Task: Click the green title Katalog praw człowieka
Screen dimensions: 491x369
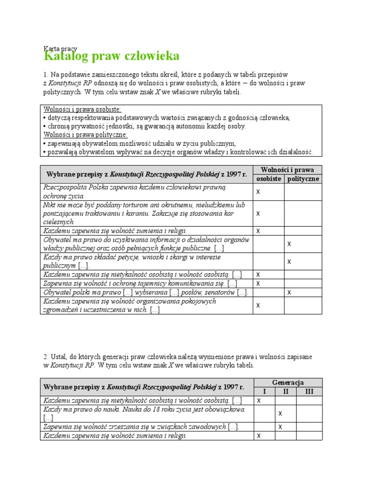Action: point(111,56)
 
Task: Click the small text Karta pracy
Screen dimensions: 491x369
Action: point(57,48)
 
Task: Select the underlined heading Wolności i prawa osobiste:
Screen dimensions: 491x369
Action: point(83,109)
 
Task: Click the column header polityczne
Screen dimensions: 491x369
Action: point(303,179)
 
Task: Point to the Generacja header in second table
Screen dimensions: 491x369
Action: point(288,382)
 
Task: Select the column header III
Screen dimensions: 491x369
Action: point(309,391)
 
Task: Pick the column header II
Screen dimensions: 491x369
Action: point(285,391)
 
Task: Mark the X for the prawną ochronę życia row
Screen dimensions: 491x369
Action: point(258,192)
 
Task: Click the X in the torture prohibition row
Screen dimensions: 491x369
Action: point(258,213)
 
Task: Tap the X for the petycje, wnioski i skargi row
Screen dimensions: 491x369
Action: point(289,262)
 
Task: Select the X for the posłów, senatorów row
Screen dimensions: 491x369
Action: point(289,292)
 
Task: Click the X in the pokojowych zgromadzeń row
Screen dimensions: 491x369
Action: point(258,305)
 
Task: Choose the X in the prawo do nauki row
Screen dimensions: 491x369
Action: point(281,413)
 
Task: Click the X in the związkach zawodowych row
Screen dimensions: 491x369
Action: point(281,427)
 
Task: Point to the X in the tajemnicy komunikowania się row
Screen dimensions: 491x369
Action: point(258,283)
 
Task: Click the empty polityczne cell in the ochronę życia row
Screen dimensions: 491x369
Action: point(303,192)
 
